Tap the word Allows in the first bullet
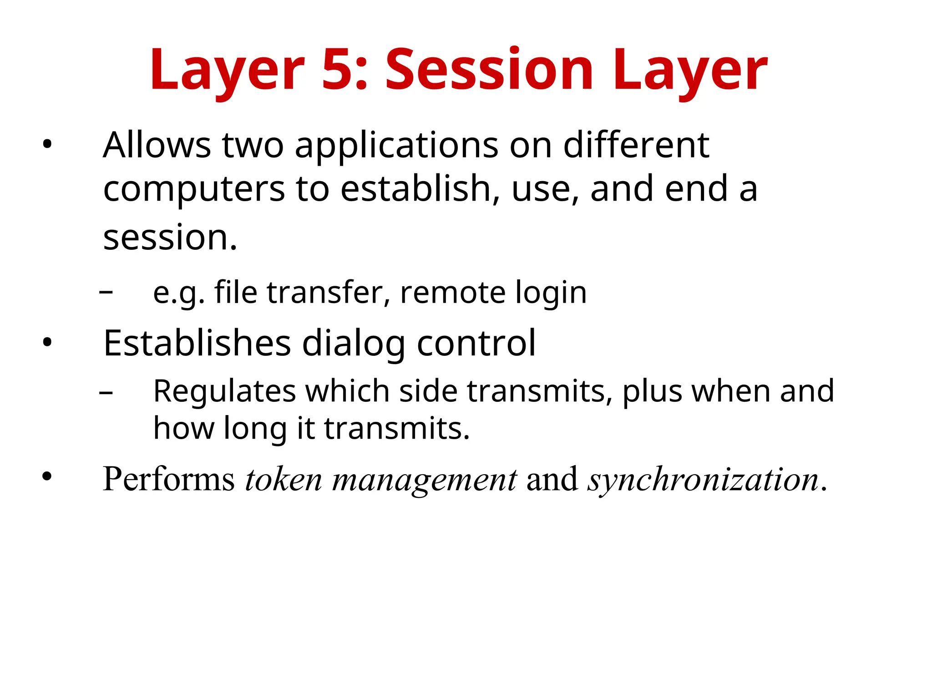[x=157, y=145]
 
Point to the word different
[x=636, y=145]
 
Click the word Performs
[x=168, y=479]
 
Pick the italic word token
[x=283, y=479]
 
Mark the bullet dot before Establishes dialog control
[x=47, y=343]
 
